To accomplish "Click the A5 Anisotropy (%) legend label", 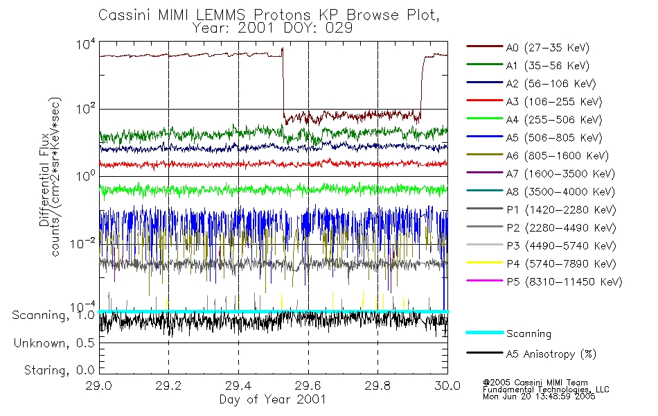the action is point(551,354).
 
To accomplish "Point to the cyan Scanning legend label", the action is point(528,333).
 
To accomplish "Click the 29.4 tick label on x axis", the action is point(239,385).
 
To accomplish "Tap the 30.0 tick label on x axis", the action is point(447,385).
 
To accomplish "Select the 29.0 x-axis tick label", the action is point(99,385).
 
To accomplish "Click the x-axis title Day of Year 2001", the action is point(273,399).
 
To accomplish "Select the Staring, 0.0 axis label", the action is point(59,370).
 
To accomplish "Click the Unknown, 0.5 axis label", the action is point(54,343).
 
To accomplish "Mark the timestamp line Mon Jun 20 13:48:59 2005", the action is point(539,397).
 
